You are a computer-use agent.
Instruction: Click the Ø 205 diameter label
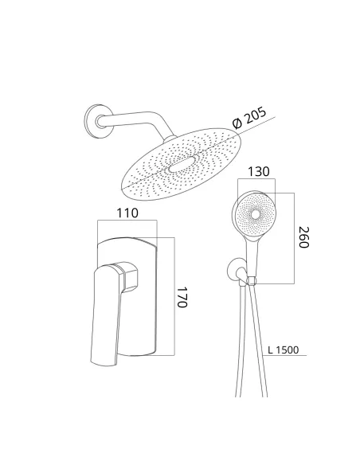pyautogui.click(x=249, y=118)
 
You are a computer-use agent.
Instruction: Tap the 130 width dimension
pyautogui.click(x=259, y=171)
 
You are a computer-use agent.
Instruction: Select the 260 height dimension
pyautogui.click(x=304, y=237)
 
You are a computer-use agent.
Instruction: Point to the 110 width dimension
pyautogui.click(x=127, y=213)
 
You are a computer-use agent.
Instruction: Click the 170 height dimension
pyautogui.click(x=182, y=297)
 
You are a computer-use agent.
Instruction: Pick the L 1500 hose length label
pyautogui.click(x=284, y=350)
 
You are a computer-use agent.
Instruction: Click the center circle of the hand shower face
pyautogui.click(x=255, y=214)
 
